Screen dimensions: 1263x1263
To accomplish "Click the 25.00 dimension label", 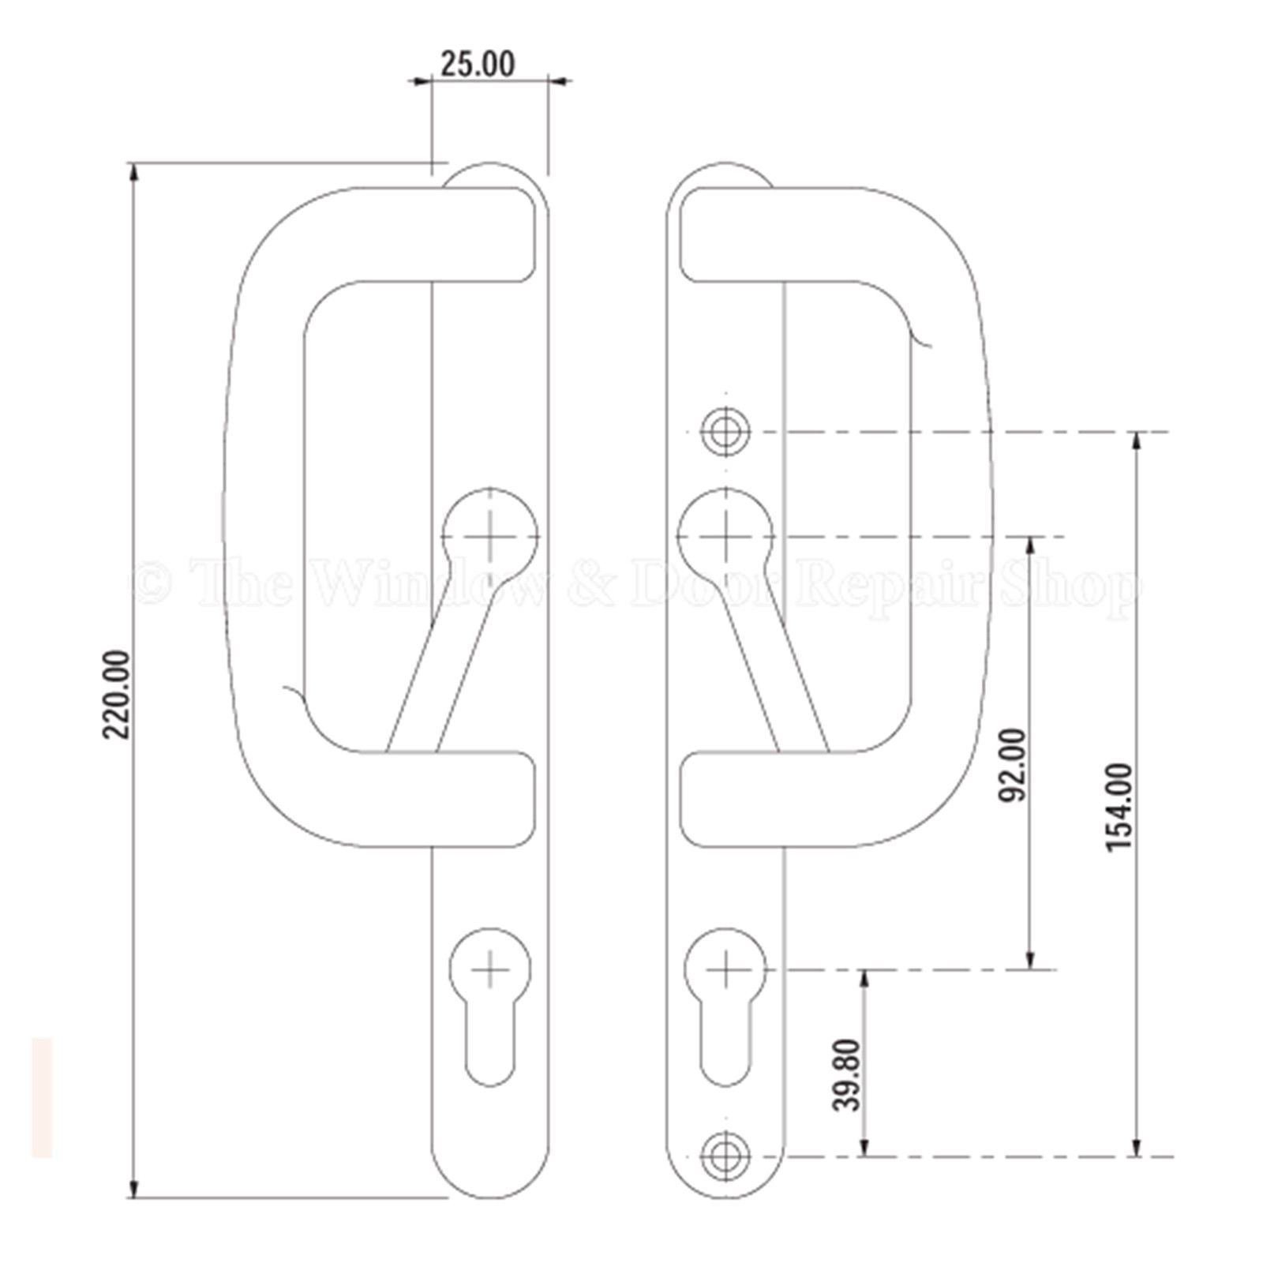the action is click(478, 63).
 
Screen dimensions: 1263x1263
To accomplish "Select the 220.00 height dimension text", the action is click(117, 695).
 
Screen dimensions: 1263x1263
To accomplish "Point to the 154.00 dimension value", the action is click(1119, 807).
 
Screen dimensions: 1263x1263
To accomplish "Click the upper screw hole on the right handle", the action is click(726, 432).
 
